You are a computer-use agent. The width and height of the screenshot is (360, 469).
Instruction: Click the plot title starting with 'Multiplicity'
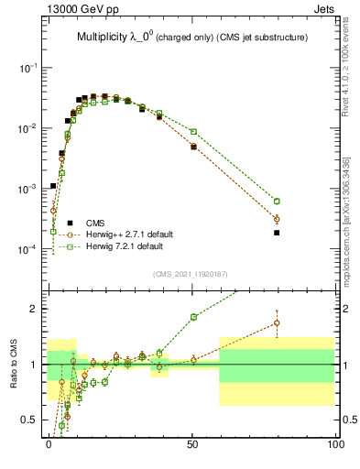191,37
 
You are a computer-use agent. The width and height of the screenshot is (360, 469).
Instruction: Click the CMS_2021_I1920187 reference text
191,274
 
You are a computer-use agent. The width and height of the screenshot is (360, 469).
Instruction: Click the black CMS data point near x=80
277,233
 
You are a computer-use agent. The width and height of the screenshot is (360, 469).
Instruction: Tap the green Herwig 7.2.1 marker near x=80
277,201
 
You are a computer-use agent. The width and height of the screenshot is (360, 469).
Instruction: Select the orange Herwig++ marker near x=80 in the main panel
277,219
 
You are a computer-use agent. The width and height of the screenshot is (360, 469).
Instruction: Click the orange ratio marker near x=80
277,322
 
